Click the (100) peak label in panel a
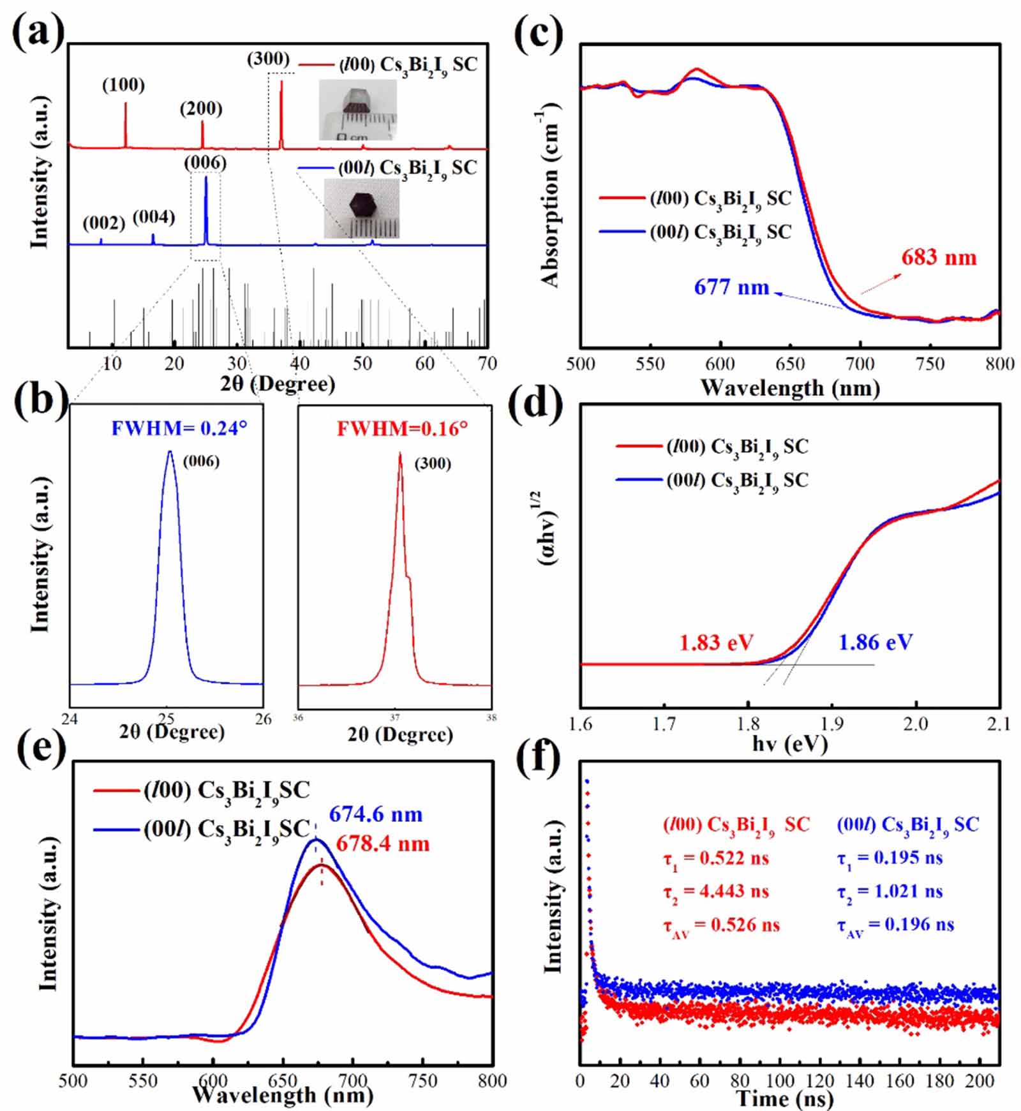[123, 85]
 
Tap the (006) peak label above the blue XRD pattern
[205, 163]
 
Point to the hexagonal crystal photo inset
[361, 209]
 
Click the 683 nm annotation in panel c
[939, 258]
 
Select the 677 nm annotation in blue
[731, 287]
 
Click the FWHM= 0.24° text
[179, 428]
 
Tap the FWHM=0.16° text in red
[402, 428]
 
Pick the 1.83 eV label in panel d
[716, 643]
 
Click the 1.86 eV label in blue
[875, 643]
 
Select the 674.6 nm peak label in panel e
[376, 814]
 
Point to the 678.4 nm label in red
[383, 844]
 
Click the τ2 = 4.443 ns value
[716, 891]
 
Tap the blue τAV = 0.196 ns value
[895, 925]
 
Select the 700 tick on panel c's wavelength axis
[860, 364]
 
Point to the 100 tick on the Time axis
[780, 1081]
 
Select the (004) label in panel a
[154, 218]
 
